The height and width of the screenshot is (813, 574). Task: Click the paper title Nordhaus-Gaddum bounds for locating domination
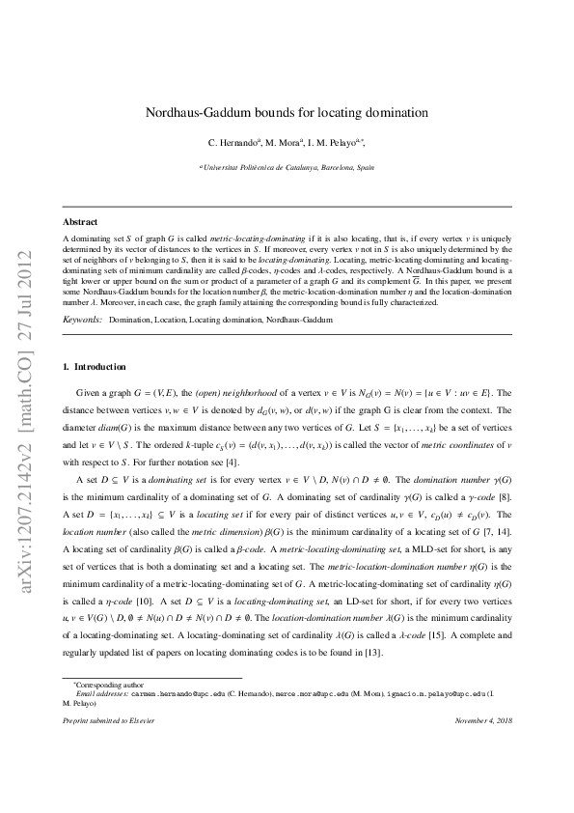click(x=287, y=113)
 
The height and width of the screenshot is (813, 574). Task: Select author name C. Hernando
click(x=232, y=143)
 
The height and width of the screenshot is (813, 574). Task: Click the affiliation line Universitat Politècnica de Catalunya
click(x=288, y=167)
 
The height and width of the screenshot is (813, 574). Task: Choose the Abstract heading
click(x=79, y=222)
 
